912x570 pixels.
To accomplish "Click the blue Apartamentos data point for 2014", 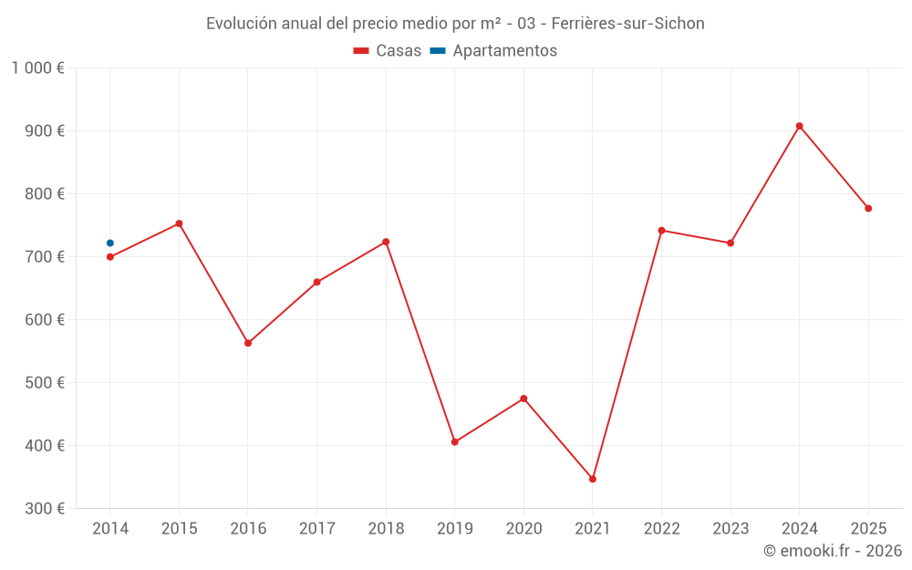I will point(110,244).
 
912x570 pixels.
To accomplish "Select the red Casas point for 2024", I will point(799,126).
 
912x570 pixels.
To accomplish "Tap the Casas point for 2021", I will point(593,479).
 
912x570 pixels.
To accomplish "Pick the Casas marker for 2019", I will point(455,442).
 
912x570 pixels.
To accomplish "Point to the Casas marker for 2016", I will point(248,343).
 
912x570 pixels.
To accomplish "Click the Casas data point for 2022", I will point(661,231).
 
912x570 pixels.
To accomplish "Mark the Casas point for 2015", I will point(179,223).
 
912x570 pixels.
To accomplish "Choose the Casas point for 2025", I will point(868,209).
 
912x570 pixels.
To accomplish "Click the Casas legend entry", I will point(388,51).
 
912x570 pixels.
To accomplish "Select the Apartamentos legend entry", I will point(493,51).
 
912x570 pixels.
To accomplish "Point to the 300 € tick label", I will point(46,509).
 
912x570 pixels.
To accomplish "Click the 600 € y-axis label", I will point(46,320).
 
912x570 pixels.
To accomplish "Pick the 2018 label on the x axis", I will point(386,529).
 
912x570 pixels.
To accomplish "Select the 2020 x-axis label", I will point(523,529).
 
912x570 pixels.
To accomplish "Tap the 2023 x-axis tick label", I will point(730,529).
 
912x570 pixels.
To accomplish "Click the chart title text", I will point(455,24).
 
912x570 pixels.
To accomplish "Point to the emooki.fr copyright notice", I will point(832,551).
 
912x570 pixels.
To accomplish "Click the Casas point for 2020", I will point(523,399).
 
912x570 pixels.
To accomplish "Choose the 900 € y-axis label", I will point(46,131).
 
